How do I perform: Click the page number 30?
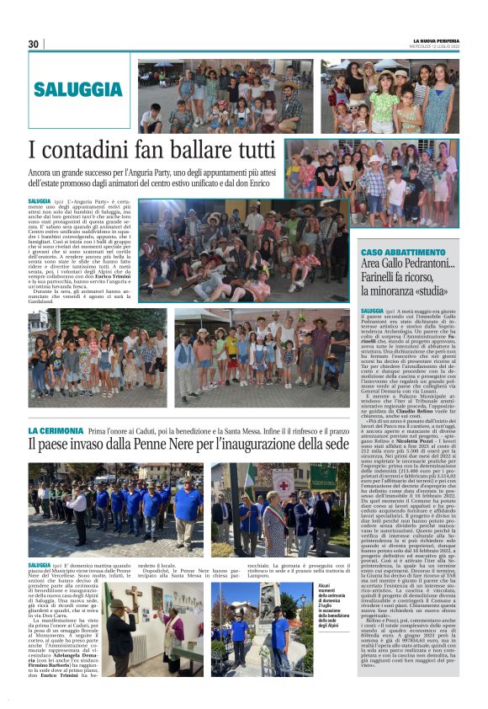click(x=34, y=44)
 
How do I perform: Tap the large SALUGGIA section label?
click(x=78, y=89)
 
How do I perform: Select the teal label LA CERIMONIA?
click(x=56, y=430)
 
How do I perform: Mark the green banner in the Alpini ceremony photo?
click(x=323, y=477)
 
